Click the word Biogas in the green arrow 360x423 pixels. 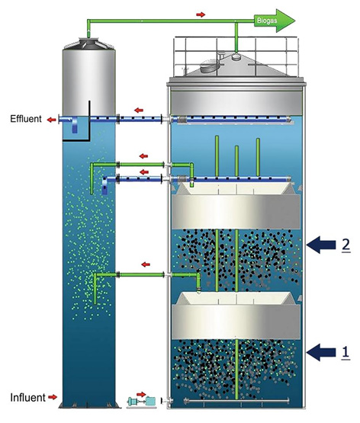point(267,21)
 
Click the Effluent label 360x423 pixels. point(26,119)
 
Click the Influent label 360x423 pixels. point(27,398)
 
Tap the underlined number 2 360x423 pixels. point(346,245)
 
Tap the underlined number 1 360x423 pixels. point(346,352)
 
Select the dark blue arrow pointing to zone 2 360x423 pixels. point(321,245)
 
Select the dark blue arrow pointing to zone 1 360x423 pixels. point(321,352)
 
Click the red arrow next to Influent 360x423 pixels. point(53,397)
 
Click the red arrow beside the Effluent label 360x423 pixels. point(51,120)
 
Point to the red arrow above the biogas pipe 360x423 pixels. point(201,14)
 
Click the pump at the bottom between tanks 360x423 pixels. point(140,401)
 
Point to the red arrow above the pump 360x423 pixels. point(141,394)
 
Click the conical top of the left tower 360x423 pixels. point(89,43)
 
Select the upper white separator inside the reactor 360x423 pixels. point(236,206)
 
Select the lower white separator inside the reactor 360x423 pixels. point(236,315)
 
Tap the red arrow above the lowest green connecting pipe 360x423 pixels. point(146,264)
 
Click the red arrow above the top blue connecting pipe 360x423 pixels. point(139,110)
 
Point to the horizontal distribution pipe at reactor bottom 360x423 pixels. point(236,401)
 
